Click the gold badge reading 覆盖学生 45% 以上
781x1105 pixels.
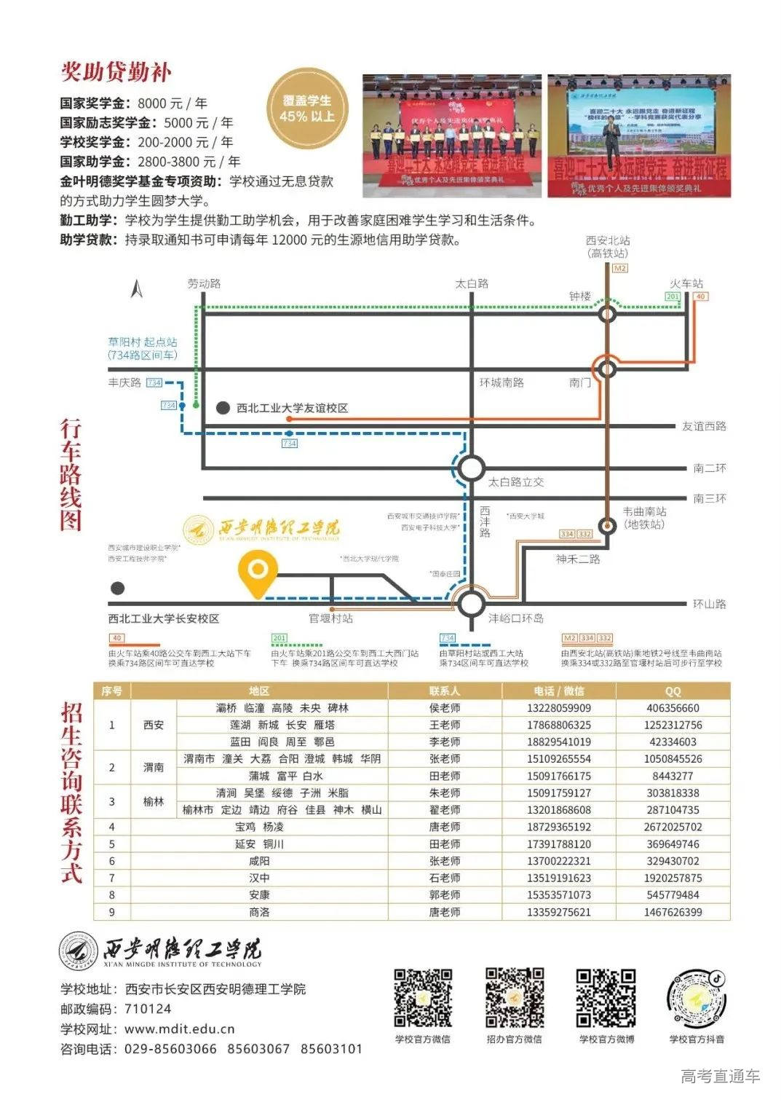(x=306, y=109)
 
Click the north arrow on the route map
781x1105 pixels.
(x=136, y=289)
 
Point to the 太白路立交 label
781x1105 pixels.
(x=515, y=482)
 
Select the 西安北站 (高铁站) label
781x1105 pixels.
(x=608, y=247)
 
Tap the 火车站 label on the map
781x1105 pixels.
(x=686, y=283)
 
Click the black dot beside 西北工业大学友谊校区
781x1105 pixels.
(x=223, y=408)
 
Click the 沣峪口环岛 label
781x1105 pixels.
(x=515, y=618)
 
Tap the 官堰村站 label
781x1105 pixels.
(x=330, y=618)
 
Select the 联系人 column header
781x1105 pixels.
(x=444, y=691)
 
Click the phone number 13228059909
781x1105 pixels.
(x=558, y=708)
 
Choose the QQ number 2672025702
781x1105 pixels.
(x=673, y=827)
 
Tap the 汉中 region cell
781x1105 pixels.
(x=259, y=878)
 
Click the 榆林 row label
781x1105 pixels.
(x=154, y=801)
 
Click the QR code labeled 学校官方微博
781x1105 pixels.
(x=606, y=997)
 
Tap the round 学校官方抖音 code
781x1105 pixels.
(x=697, y=997)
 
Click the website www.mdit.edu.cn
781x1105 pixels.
(x=179, y=1029)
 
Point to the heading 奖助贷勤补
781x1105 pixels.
(x=116, y=72)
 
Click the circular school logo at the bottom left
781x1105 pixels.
(x=79, y=951)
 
